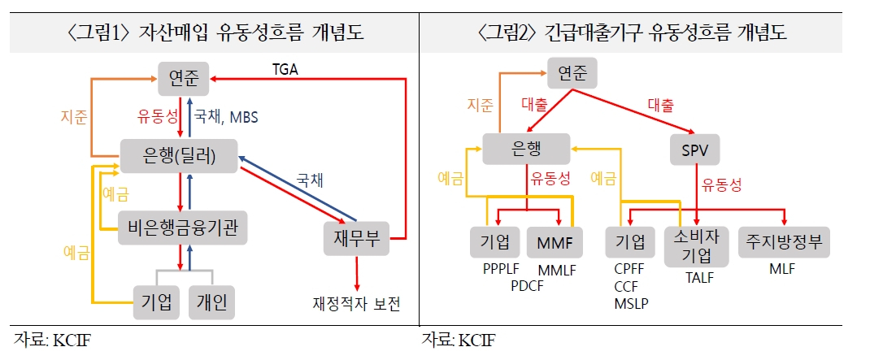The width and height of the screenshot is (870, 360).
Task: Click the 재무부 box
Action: [357, 239]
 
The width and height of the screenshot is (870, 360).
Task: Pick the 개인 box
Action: [212, 302]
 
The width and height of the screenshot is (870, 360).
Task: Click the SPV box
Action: [694, 150]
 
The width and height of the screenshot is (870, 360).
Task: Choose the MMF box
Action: [555, 242]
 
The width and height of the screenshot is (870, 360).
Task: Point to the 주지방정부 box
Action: [784, 242]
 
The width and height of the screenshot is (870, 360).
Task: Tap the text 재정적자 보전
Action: [356, 304]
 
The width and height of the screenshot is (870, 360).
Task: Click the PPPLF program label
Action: [501, 269]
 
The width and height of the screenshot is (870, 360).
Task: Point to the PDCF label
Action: [528, 286]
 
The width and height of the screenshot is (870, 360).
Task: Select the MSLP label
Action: [632, 303]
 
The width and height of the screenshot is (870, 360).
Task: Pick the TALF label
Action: [698, 277]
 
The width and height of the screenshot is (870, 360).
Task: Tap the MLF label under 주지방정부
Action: [781, 269]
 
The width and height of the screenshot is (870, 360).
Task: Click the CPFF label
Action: [629, 269]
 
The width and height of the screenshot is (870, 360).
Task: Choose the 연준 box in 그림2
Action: [572, 72]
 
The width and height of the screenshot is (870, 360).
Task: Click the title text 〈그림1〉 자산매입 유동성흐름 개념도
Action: [215, 33]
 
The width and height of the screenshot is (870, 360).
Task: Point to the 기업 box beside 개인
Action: [156, 302]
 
